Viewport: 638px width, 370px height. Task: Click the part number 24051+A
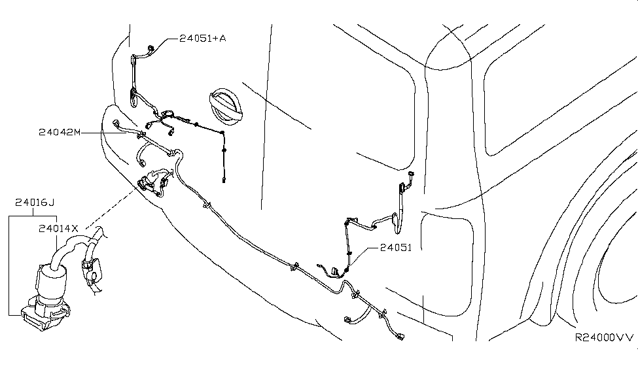pyautogui.click(x=203, y=38)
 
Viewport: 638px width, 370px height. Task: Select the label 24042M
pyautogui.click(x=60, y=132)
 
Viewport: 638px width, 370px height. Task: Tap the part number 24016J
pyautogui.click(x=35, y=202)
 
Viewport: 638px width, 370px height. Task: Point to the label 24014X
pyautogui.click(x=58, y=229)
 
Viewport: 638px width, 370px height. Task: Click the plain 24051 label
pyautogui.click(x=396, y=248)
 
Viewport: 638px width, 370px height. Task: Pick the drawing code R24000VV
pyautogui.click(x=604, y=337)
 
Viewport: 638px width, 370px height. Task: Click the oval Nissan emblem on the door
pyautogui.click(x=225, y=106)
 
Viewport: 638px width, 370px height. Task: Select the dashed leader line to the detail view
pyautogui.click(x=111, y=207)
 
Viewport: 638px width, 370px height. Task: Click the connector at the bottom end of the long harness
pyautogui.click(x=399, y=336)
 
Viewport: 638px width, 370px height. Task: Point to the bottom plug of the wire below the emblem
pyautogui.click(x=224, y=180)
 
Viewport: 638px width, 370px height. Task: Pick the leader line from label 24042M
pyautogui.click(x=111, y=133)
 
